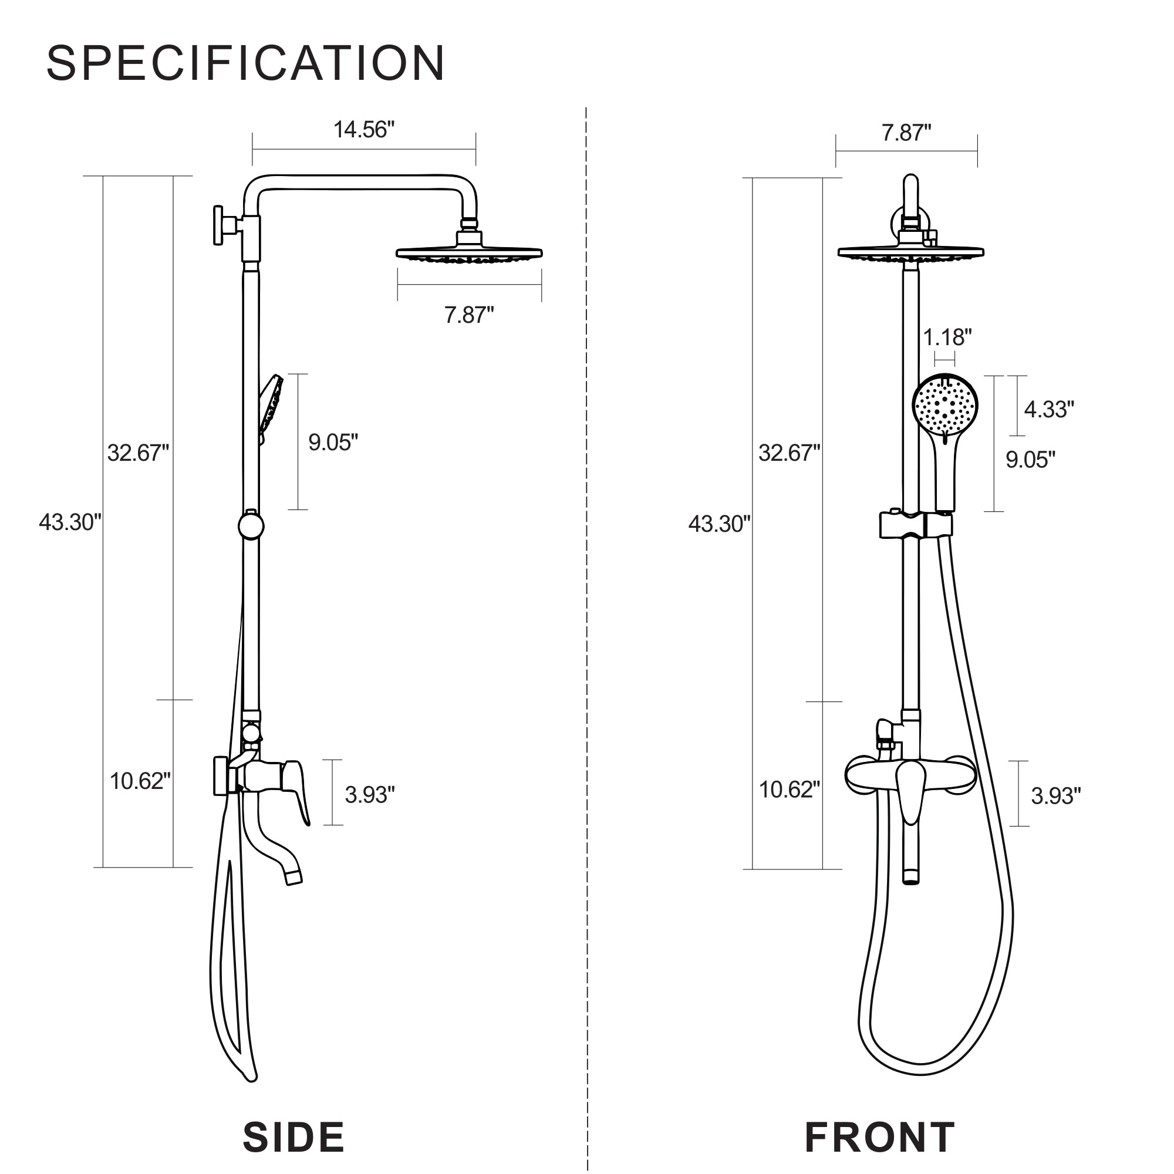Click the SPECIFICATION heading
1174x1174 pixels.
tap(245, 63)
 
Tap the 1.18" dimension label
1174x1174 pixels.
tap(947, 338)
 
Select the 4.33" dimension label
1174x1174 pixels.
tap(1049, 410)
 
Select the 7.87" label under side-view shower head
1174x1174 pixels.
tap(468, 315)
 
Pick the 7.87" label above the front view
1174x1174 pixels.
tap(906, 133)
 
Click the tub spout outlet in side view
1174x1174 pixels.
tap(293, 876)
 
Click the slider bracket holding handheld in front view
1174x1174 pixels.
tap(915, 525)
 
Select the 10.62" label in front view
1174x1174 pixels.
tap(789, 790)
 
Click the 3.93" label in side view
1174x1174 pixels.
tap(369, 795)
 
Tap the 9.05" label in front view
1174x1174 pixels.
tap(1030, 460)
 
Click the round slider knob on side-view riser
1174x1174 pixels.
tap(251, 526)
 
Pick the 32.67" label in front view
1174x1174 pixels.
tap(789, 453)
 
